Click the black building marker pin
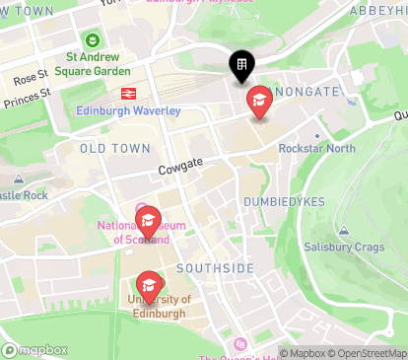240,66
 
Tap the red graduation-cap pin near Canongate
259,101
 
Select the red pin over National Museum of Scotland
147,220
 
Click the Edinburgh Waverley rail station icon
127,94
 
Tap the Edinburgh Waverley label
128,109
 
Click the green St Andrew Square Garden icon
92,41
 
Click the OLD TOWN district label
115,148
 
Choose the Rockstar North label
315,149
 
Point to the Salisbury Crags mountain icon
343,231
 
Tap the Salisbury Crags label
344,247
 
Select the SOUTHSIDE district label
215,268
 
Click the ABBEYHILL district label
378,9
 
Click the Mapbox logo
35,349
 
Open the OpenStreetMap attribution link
370,352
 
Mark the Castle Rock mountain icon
19,180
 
